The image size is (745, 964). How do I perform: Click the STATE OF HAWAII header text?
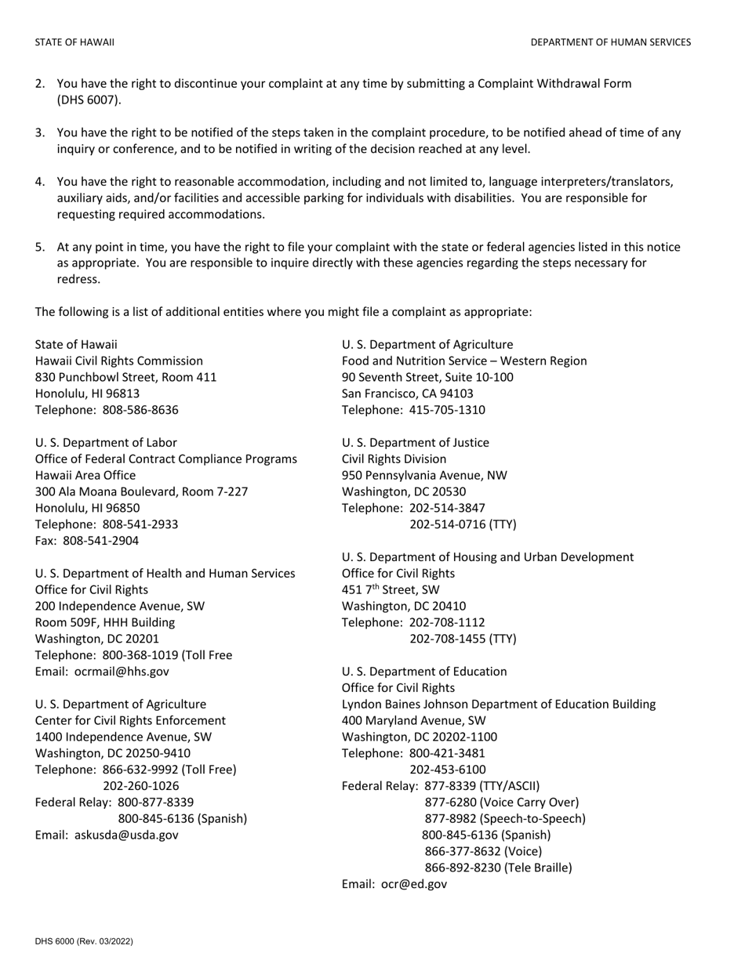tap(74, 42)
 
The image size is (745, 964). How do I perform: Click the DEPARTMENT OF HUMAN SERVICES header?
tap(610, 42)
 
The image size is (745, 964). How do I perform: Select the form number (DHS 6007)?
tap(89, 100)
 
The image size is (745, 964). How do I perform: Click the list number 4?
tap(39, 182)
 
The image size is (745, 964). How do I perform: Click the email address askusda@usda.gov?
tap(126, 835)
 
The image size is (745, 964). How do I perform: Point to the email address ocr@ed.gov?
tap(414, 884)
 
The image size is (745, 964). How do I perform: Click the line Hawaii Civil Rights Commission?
tap(119, 361)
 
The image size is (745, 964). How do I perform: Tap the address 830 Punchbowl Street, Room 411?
tap(125, 378)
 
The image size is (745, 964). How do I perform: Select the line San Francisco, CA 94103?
tap(408, 393)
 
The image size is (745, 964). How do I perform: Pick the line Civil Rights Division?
tap(394, 459)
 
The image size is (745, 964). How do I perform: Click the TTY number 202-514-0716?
tap(463, 524)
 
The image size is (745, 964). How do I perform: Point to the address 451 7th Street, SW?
tap(391, 589)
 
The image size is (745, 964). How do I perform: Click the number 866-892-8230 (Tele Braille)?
tap(498, 868)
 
